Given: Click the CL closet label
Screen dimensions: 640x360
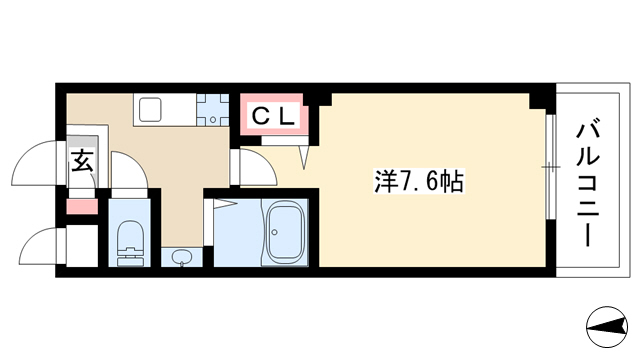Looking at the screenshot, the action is (x=273, y=116).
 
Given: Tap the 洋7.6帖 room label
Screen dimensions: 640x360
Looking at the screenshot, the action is (x=419, y=182).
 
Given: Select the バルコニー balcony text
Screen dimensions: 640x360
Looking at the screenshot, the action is (x=588, y=182).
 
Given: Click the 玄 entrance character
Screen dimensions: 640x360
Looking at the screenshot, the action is (x=82, y=161).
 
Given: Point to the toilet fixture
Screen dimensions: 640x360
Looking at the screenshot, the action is (x=131, y=244).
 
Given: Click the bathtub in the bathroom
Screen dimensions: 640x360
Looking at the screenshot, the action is (x=285, y=232).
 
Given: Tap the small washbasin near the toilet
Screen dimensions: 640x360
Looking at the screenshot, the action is (x=181, y=258).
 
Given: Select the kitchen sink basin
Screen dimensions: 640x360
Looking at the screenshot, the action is (x=151, y=110).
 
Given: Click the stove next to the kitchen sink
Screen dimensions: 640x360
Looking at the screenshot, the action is (x=212, y=110).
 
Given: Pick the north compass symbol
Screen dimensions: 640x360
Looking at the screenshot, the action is (x=607, y=327).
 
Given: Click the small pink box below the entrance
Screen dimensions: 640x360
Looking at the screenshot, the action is (x=82, y=207).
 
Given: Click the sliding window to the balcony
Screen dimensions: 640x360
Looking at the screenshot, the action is (x=551, y=167).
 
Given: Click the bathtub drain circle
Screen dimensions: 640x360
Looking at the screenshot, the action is (x=274, y=232).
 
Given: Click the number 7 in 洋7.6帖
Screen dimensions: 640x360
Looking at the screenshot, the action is (x=404, y=182).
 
